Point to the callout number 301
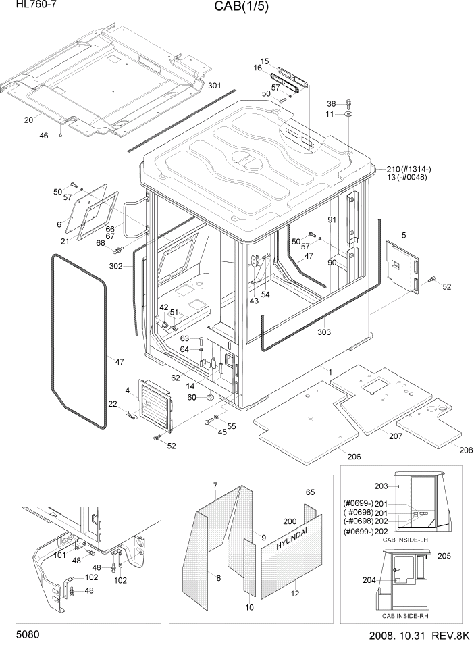pos(214,86)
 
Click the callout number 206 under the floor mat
pos(354,457)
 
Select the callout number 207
pos(396,436)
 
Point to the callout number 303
pos(325,332)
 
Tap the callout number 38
pos(331,103)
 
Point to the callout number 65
pos(310,492)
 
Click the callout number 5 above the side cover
pos(403,235)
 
